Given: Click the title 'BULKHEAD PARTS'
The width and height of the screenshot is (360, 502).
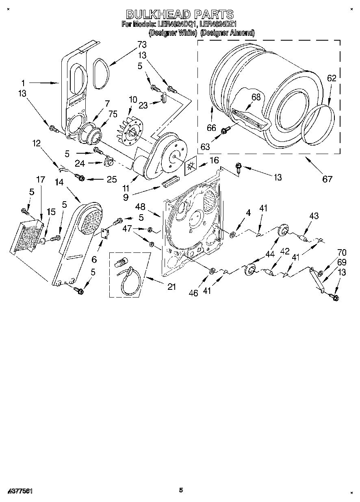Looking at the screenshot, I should point(180,15).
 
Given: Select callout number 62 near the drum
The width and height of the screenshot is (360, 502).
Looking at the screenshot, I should point(332,79).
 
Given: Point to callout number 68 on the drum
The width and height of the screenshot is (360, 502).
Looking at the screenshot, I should point(256,97).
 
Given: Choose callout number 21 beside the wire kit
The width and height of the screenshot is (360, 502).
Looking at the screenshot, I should point(172,287).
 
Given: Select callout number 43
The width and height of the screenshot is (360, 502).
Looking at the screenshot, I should point(314,217).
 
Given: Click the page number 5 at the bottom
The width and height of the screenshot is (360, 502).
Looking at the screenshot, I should point(181,491).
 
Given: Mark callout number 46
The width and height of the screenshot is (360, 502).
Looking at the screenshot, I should point(193,293).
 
